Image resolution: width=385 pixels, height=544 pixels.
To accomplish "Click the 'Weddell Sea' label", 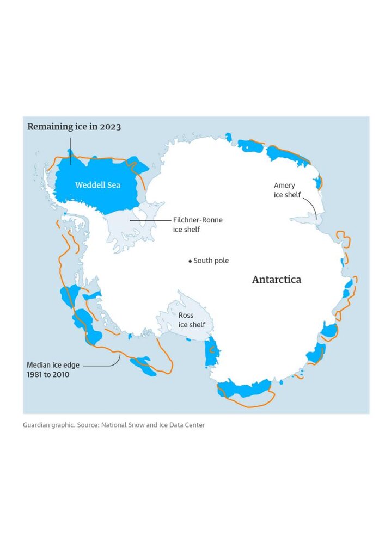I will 97,185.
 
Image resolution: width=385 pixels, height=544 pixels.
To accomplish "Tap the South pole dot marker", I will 190,261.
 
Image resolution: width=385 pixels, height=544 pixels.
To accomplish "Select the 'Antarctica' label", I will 276,280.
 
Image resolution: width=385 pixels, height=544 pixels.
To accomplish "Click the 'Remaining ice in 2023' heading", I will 74,127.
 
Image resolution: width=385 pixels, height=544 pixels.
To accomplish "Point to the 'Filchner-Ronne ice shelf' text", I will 197,225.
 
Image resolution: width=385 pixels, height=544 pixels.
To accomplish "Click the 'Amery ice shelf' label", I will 287,190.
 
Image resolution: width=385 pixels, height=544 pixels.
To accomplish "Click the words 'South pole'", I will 211,261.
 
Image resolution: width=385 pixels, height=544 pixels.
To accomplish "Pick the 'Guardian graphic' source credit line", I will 48,425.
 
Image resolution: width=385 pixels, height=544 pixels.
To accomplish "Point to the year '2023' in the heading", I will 111,127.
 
